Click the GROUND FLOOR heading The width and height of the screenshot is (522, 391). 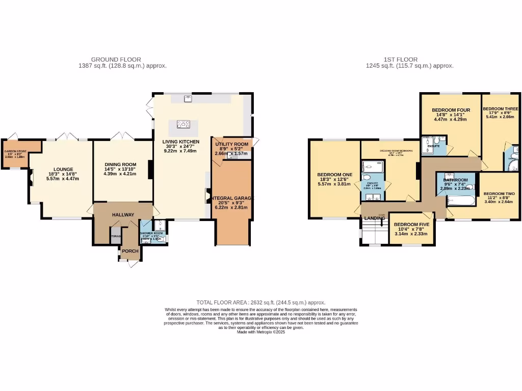coord(116,60)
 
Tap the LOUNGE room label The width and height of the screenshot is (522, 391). coord(64,170)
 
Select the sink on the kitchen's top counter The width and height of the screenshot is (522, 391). coord(188,99)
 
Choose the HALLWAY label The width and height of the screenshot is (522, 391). coord(123,215)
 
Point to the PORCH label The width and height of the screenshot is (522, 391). coord(129,250)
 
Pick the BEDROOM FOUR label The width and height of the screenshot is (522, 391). coord(451,110)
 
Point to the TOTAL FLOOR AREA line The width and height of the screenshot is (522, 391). coord(261,302)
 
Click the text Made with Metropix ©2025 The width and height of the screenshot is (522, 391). coord(261,332)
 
